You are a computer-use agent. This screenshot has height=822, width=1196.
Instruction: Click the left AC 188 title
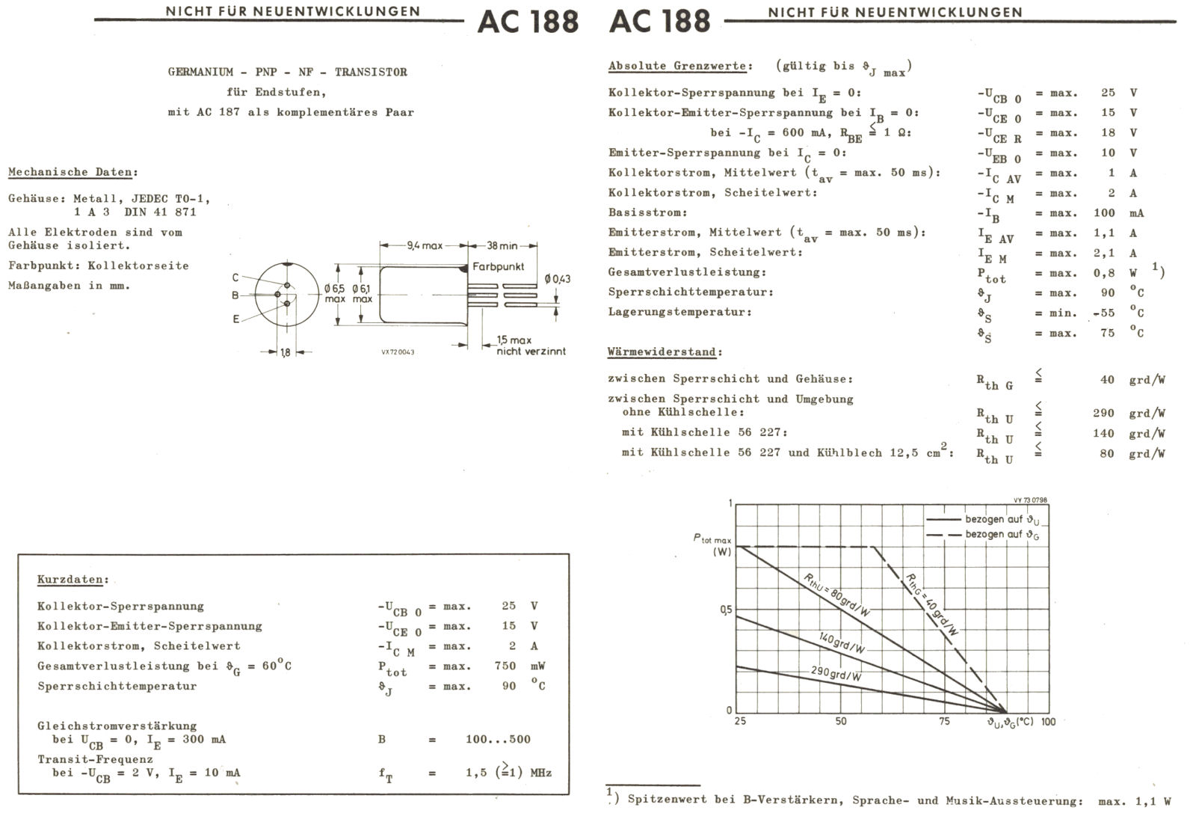(528, 21)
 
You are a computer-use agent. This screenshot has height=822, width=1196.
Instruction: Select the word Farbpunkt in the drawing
(498, 266)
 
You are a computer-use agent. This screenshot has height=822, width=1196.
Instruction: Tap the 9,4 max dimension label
(425, 245)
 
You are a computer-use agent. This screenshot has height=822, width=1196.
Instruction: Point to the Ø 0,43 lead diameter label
(558, 279)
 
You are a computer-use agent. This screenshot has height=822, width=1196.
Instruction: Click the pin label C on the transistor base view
(235, 277)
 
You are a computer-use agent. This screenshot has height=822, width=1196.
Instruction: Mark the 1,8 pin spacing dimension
(286, 352)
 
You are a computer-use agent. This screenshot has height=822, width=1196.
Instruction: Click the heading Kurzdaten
(73, 580)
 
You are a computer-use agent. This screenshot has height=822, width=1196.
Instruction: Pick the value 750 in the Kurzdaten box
(505, 666)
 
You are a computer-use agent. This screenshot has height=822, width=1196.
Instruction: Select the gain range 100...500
(498, 739)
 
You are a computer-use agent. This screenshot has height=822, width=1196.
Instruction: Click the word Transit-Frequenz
(95, 758)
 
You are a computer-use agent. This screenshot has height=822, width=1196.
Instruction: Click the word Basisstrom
(637, 212)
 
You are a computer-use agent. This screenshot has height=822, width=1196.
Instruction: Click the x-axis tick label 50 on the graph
(841, 721)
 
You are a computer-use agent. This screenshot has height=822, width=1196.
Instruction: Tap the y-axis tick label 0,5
(726, 610)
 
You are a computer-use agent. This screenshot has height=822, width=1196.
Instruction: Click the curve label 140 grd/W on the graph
(842, 643)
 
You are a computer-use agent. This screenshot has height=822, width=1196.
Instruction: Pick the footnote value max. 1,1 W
(1134, 801)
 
